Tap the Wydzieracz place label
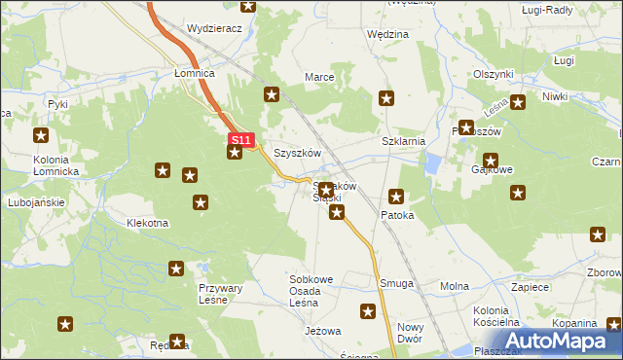(x=214, y=29)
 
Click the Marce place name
(x=320, y=76)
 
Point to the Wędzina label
(x=387, y=34)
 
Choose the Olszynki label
(x=493, y=74)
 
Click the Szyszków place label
(x=297, y=154)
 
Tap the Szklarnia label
(x=404, y=141)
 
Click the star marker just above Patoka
(x=395, y=196)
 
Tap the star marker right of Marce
(x=386, y=97)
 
